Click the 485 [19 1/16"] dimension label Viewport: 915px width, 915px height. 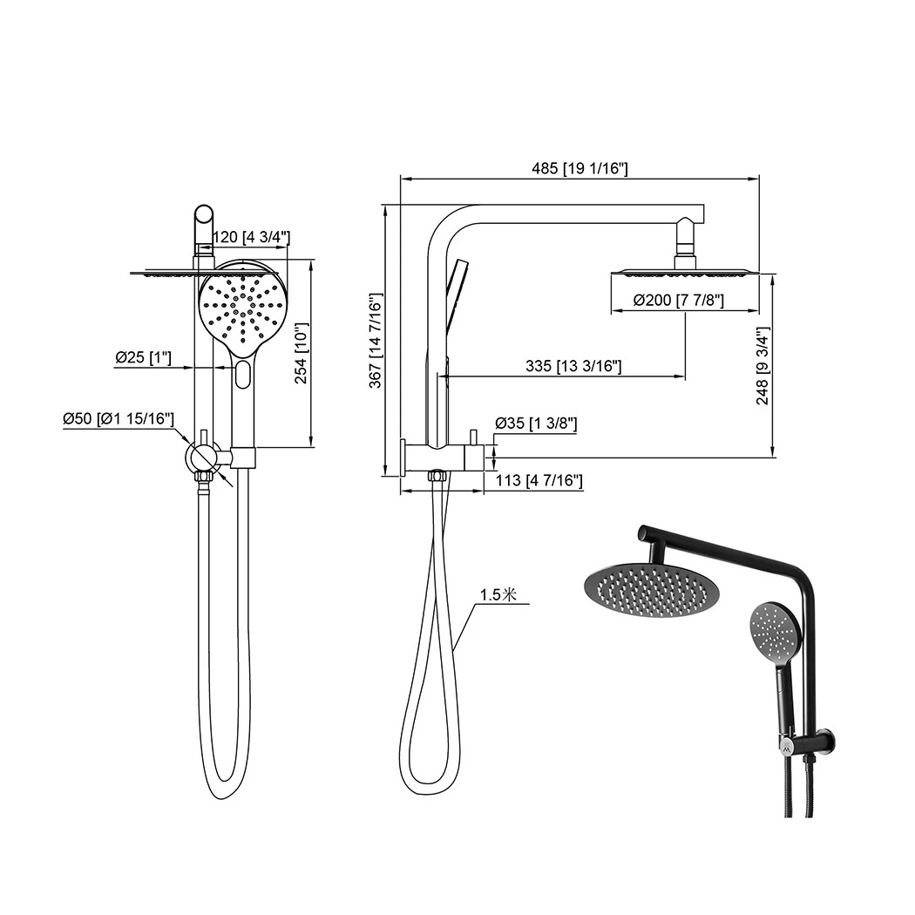tap(579, 168)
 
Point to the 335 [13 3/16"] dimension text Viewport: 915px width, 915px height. tap(573, 367)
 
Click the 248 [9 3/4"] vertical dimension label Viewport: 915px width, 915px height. tap(764, 366)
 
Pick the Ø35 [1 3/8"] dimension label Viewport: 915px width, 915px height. tap(536, 424)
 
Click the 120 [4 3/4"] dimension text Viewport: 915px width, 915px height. tap(251, 237)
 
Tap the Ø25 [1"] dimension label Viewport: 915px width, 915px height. tap(143, 357)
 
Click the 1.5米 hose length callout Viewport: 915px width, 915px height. tap(498, 595)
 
